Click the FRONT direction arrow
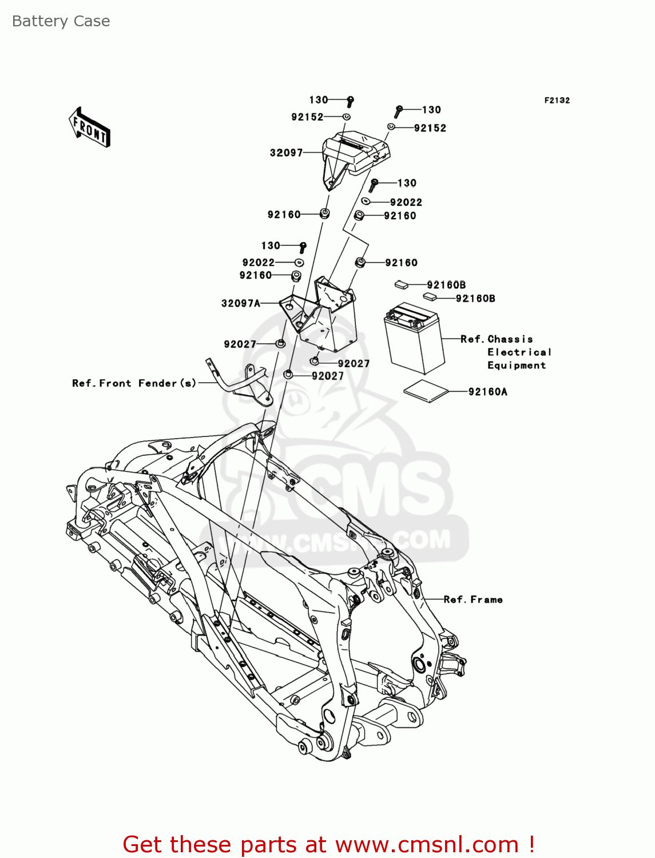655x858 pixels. (x=90, y=127)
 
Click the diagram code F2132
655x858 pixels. (x=556, y=100)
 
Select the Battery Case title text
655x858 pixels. (x=61, y=21)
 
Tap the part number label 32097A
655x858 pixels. (x=240, y=303)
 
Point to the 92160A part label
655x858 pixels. (x=487, y=392)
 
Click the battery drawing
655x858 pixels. (x=414, y=338)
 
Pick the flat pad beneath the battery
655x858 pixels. (x=426, y=391)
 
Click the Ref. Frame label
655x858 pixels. (x=473, y=599)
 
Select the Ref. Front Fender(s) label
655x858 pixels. (x=134, y=383)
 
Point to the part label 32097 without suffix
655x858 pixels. (x=286, y=153)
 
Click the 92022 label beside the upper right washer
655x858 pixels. (x=406, y=202)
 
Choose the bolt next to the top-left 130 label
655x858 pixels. (x=351, y=102)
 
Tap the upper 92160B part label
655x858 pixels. (x=446, y=285)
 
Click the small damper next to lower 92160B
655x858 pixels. (x=430, y=296)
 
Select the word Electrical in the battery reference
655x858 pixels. (x=519, y=352)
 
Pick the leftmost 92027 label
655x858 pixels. (x=240, y=344)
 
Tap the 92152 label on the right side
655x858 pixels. (x=430, y=128)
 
